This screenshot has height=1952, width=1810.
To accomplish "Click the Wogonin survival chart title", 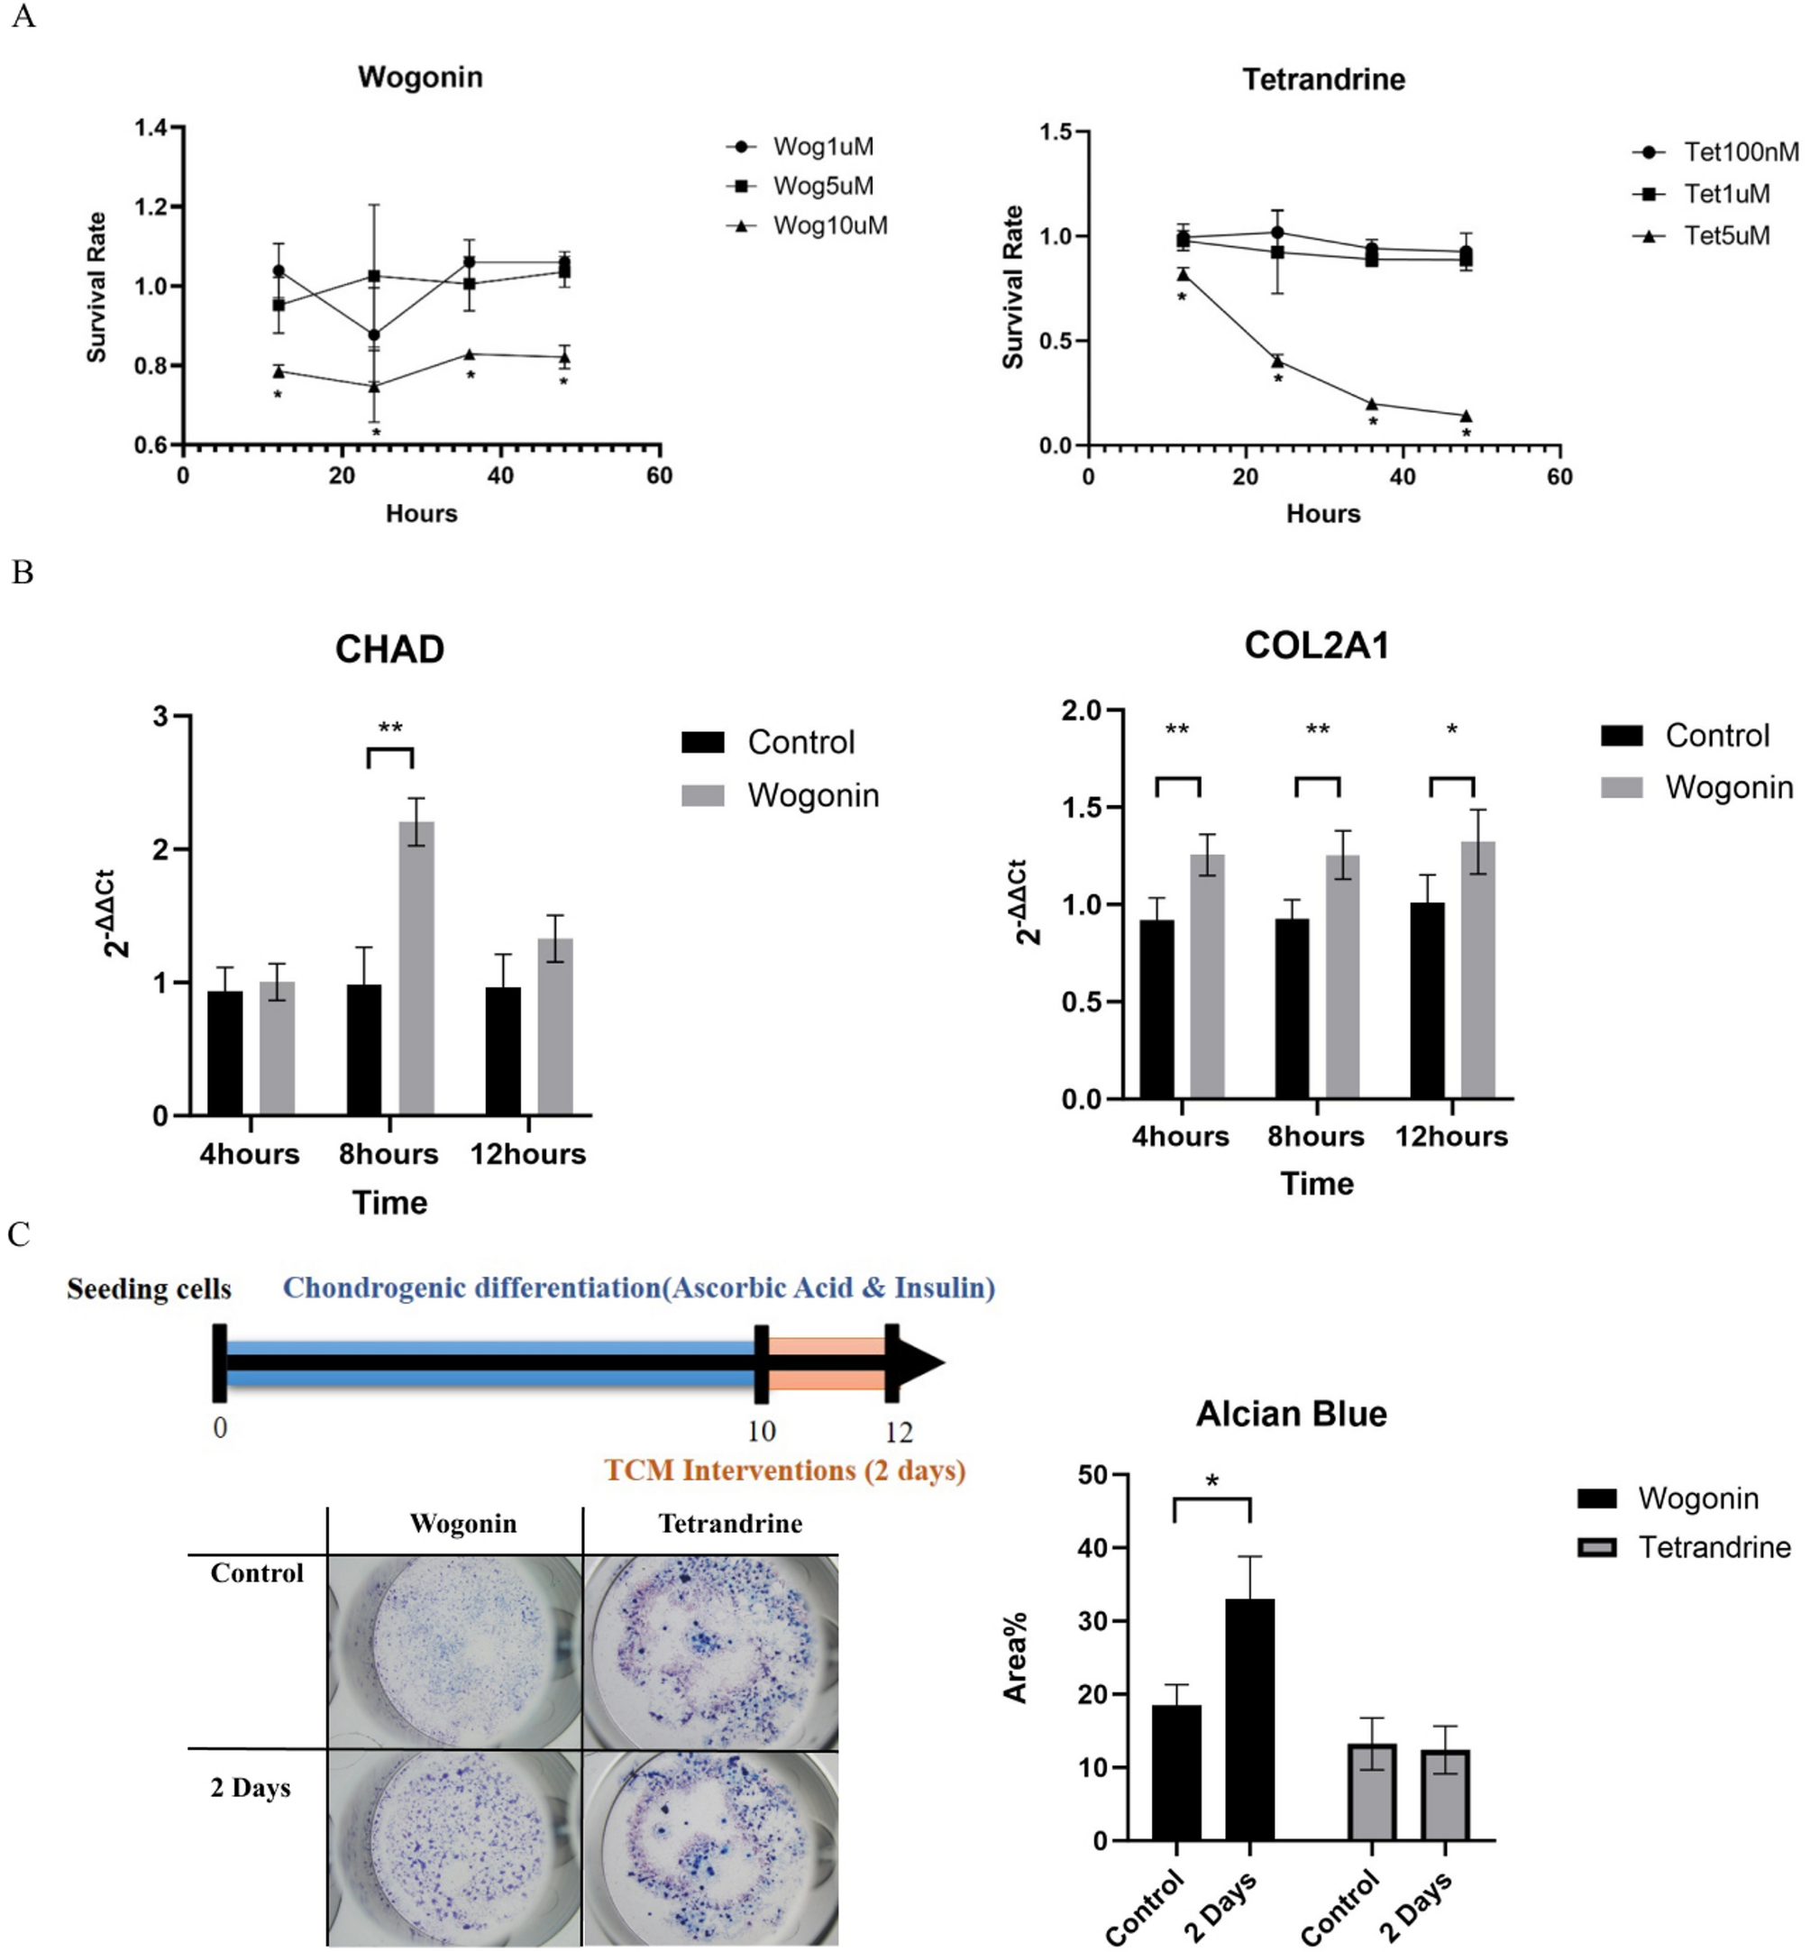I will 420,77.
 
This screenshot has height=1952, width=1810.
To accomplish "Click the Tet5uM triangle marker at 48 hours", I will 1467,417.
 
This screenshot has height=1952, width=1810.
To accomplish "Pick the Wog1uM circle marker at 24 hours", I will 374,335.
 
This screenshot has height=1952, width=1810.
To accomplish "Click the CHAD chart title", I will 389,649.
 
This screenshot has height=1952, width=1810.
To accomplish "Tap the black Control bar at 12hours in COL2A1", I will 1427,1000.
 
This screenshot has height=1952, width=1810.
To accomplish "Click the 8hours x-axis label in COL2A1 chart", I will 1315,1136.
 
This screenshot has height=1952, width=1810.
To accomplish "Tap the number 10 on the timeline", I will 761,1431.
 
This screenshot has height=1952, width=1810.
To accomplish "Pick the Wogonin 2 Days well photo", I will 454,1847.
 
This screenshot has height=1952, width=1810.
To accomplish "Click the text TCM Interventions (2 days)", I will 784,1471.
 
